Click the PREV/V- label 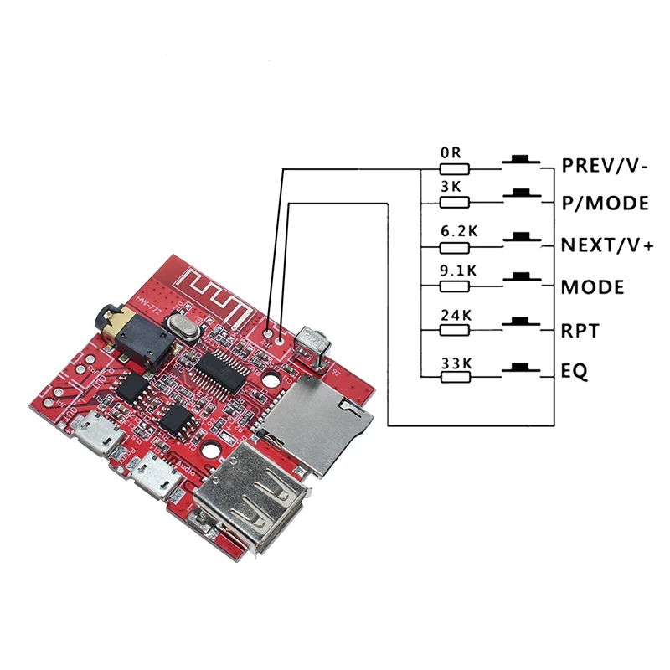point(604,166)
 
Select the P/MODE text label point(605,203)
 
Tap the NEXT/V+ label point(607,245)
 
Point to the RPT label point(580,331)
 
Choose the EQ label point(575,371)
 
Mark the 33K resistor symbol point(455,376)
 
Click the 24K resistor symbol point(455,332)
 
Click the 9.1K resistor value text point(458,271)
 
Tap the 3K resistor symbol point(455,201)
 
